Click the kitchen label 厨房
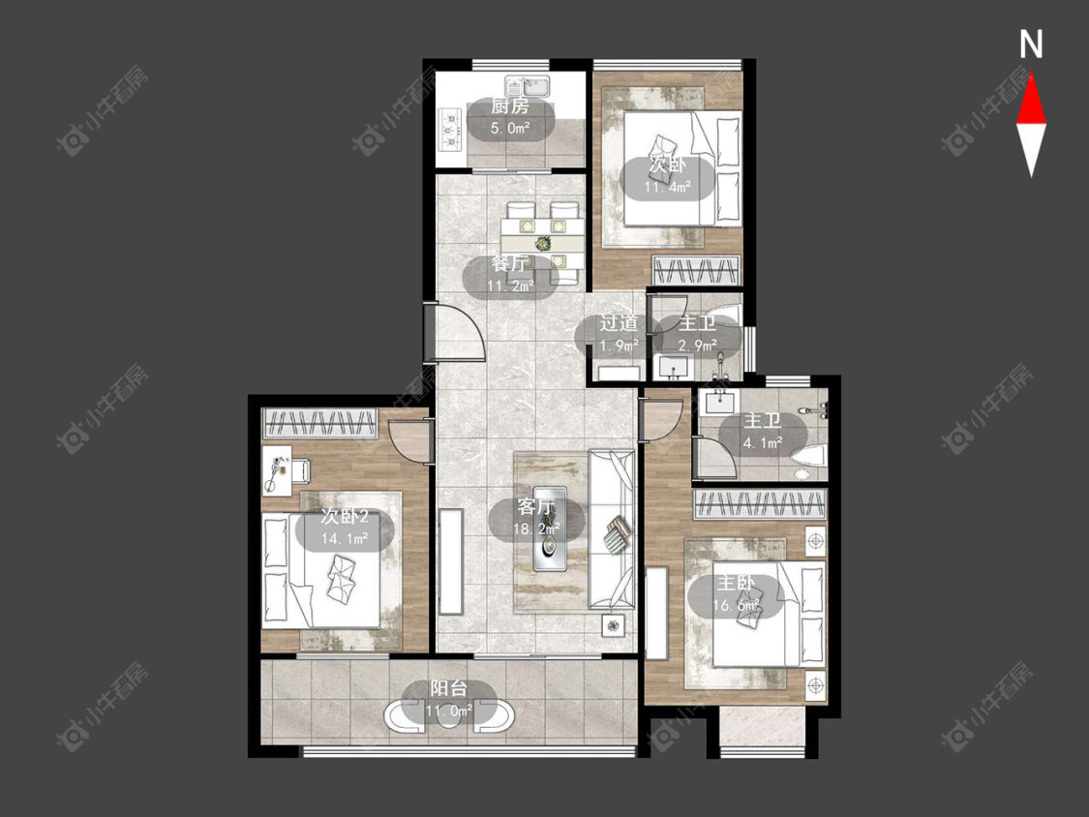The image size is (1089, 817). [x=510, y=106]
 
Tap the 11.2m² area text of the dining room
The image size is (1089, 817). [x=510, y=286]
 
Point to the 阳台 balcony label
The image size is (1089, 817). [x=448, y=689]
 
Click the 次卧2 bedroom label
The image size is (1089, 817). [x=345, y=517]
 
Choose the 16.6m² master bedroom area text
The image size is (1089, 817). [x=737, y=605]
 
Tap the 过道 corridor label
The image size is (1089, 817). [x=619, y=323]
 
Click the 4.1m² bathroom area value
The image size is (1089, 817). [x=763, y=441]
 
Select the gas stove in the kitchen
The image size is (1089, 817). [x=450, y=129]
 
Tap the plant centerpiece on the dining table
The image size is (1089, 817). [x=542, y=243]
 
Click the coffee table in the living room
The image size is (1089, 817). [x=550, y=529]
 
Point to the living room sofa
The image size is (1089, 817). [x=612, y=530]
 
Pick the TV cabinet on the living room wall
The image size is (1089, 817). [x=451, y=561]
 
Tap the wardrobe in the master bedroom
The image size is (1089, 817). [x=761, y=503]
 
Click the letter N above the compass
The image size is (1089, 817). [x=1031, y=45]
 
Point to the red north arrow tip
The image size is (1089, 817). [x=1031, y=74]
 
